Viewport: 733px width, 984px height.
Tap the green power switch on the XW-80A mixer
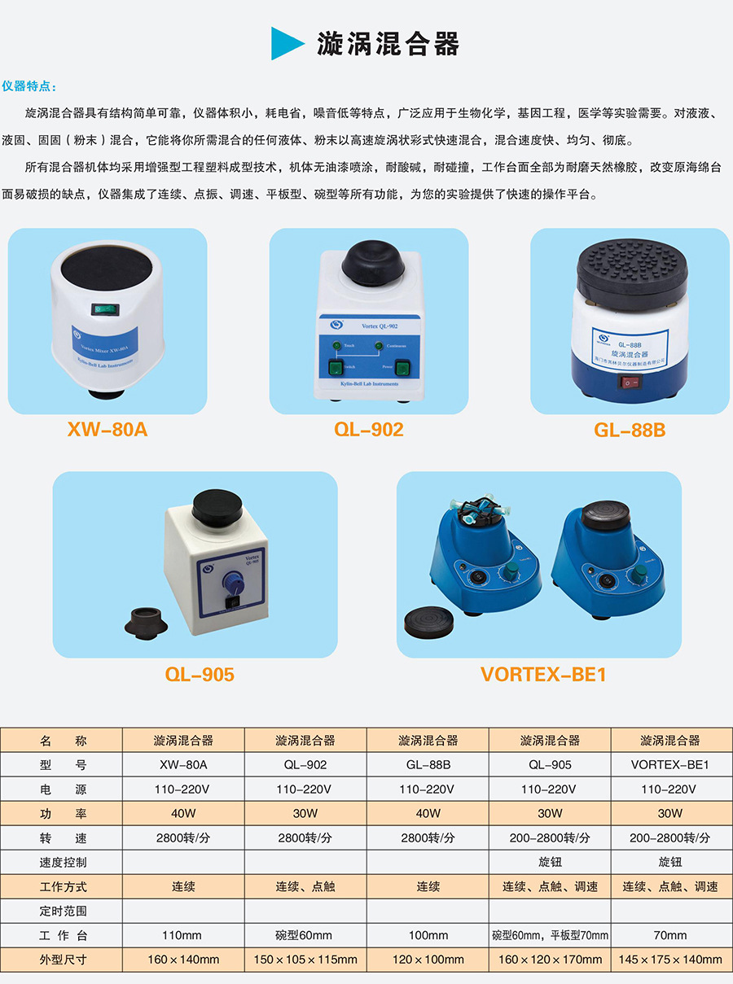pos(102,308)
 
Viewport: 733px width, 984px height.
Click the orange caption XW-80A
pos(108,429)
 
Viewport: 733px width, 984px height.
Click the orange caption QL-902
pos(368,429)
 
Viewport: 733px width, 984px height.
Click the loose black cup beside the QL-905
pos(146,622)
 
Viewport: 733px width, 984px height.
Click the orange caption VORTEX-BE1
pos(543,675)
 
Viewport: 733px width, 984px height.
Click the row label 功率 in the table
pos(63,813)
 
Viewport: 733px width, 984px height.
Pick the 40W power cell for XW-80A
pos(183,813)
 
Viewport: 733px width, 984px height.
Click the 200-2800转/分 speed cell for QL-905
pos(550,837)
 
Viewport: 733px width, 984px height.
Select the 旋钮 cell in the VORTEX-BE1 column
pos(670,862)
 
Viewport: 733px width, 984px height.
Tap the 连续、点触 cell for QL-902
pos(305,886)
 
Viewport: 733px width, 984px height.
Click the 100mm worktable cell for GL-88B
pos(428,935)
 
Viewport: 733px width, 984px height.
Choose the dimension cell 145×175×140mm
pos(670,960)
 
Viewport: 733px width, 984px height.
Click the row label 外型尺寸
pos(63,960)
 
